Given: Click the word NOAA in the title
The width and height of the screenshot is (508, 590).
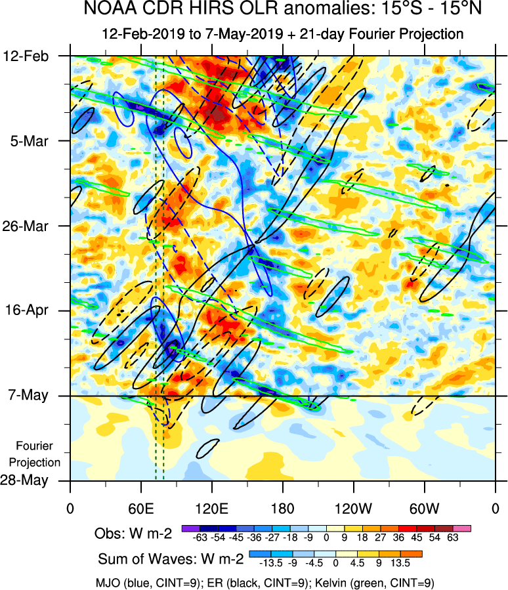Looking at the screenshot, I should (x=106, y=10).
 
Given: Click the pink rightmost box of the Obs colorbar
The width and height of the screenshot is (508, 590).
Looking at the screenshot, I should (x=464, y=528).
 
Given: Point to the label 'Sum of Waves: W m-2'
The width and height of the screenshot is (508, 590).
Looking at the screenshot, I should (x=171, y=559).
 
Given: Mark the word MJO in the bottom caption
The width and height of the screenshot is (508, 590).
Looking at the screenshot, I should (x=107, y=582).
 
